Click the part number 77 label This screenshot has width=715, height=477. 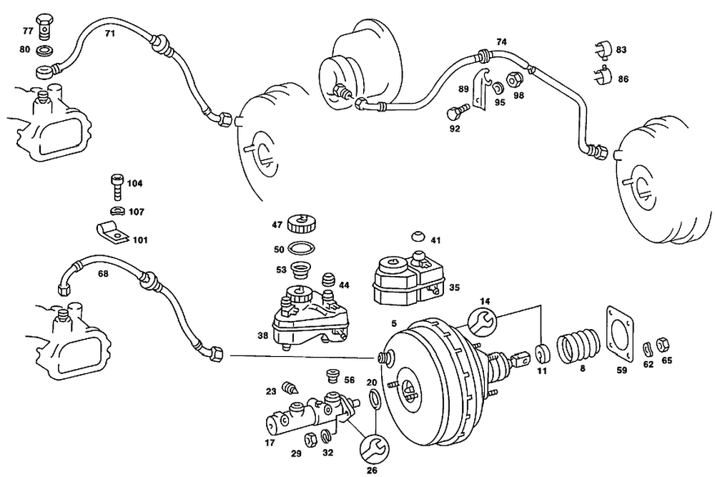(x=28, y=31)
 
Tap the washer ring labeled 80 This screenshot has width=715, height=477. (x=44, y=50)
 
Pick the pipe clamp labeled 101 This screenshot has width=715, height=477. (x=114, y=234)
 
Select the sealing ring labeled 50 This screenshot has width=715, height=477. (x=302, y=249)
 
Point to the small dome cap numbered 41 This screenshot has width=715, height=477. (x=418, y=236)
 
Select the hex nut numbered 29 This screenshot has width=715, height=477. (x=310, y=438)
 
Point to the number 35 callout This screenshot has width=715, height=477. (x=454, y=287)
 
